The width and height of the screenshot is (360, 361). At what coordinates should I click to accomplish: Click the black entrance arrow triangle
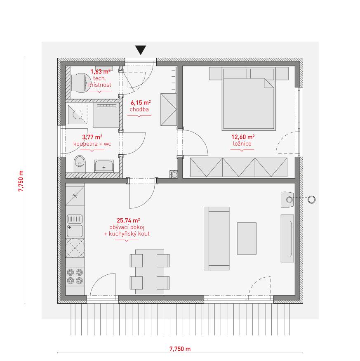pyautogui.click(x=140, y=50)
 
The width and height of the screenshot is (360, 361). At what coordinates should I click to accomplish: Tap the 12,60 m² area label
pyautogui.click(x=243, y=137)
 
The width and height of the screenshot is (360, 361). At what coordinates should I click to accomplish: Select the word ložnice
pyautogui.click(x=242, y=144)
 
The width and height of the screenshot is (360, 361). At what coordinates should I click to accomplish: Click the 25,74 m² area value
pyautogui.click(x=128, y=221)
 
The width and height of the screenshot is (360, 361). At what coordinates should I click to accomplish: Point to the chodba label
pyautogui.click(x=139, y=109)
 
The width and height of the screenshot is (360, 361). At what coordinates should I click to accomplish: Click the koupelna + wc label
pyautogui.click(x=92, y=144)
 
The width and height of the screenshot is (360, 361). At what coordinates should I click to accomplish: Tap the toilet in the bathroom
pyautogui.click(x=80, y=164)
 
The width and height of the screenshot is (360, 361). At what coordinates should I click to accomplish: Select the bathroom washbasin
pyautogui.click(x=104, y=166)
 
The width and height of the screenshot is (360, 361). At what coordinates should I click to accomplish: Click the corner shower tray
pyautogui.click(x=78, y=114)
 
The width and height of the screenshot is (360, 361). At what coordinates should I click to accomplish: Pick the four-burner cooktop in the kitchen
pyautogui.click(x=75, y=276)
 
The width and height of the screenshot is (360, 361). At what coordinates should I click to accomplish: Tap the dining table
pyautogui.click(x=150, y=271)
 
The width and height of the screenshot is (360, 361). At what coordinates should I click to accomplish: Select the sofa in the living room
pyautogui.click(x=216, y=238)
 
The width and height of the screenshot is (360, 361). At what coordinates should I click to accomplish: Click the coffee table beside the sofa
pyautogui.click(x=247, y=238)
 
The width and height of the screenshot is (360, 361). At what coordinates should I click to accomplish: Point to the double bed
pyautogui.click(x=249, y=99)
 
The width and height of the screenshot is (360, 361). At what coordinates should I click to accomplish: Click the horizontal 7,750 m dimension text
pyautogui.click(x=180, y=349)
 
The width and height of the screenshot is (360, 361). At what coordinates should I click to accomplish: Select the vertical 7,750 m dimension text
pyautogui.click(x=21, y=181)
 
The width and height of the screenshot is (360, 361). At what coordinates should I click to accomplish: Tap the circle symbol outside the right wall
pyautogui.click(x=311, y=199)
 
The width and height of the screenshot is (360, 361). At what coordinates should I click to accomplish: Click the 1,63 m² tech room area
pyautogui.click(x=100, y=72)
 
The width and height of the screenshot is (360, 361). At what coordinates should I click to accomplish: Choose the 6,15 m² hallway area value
pyautogui.click(x=141, y=102)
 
